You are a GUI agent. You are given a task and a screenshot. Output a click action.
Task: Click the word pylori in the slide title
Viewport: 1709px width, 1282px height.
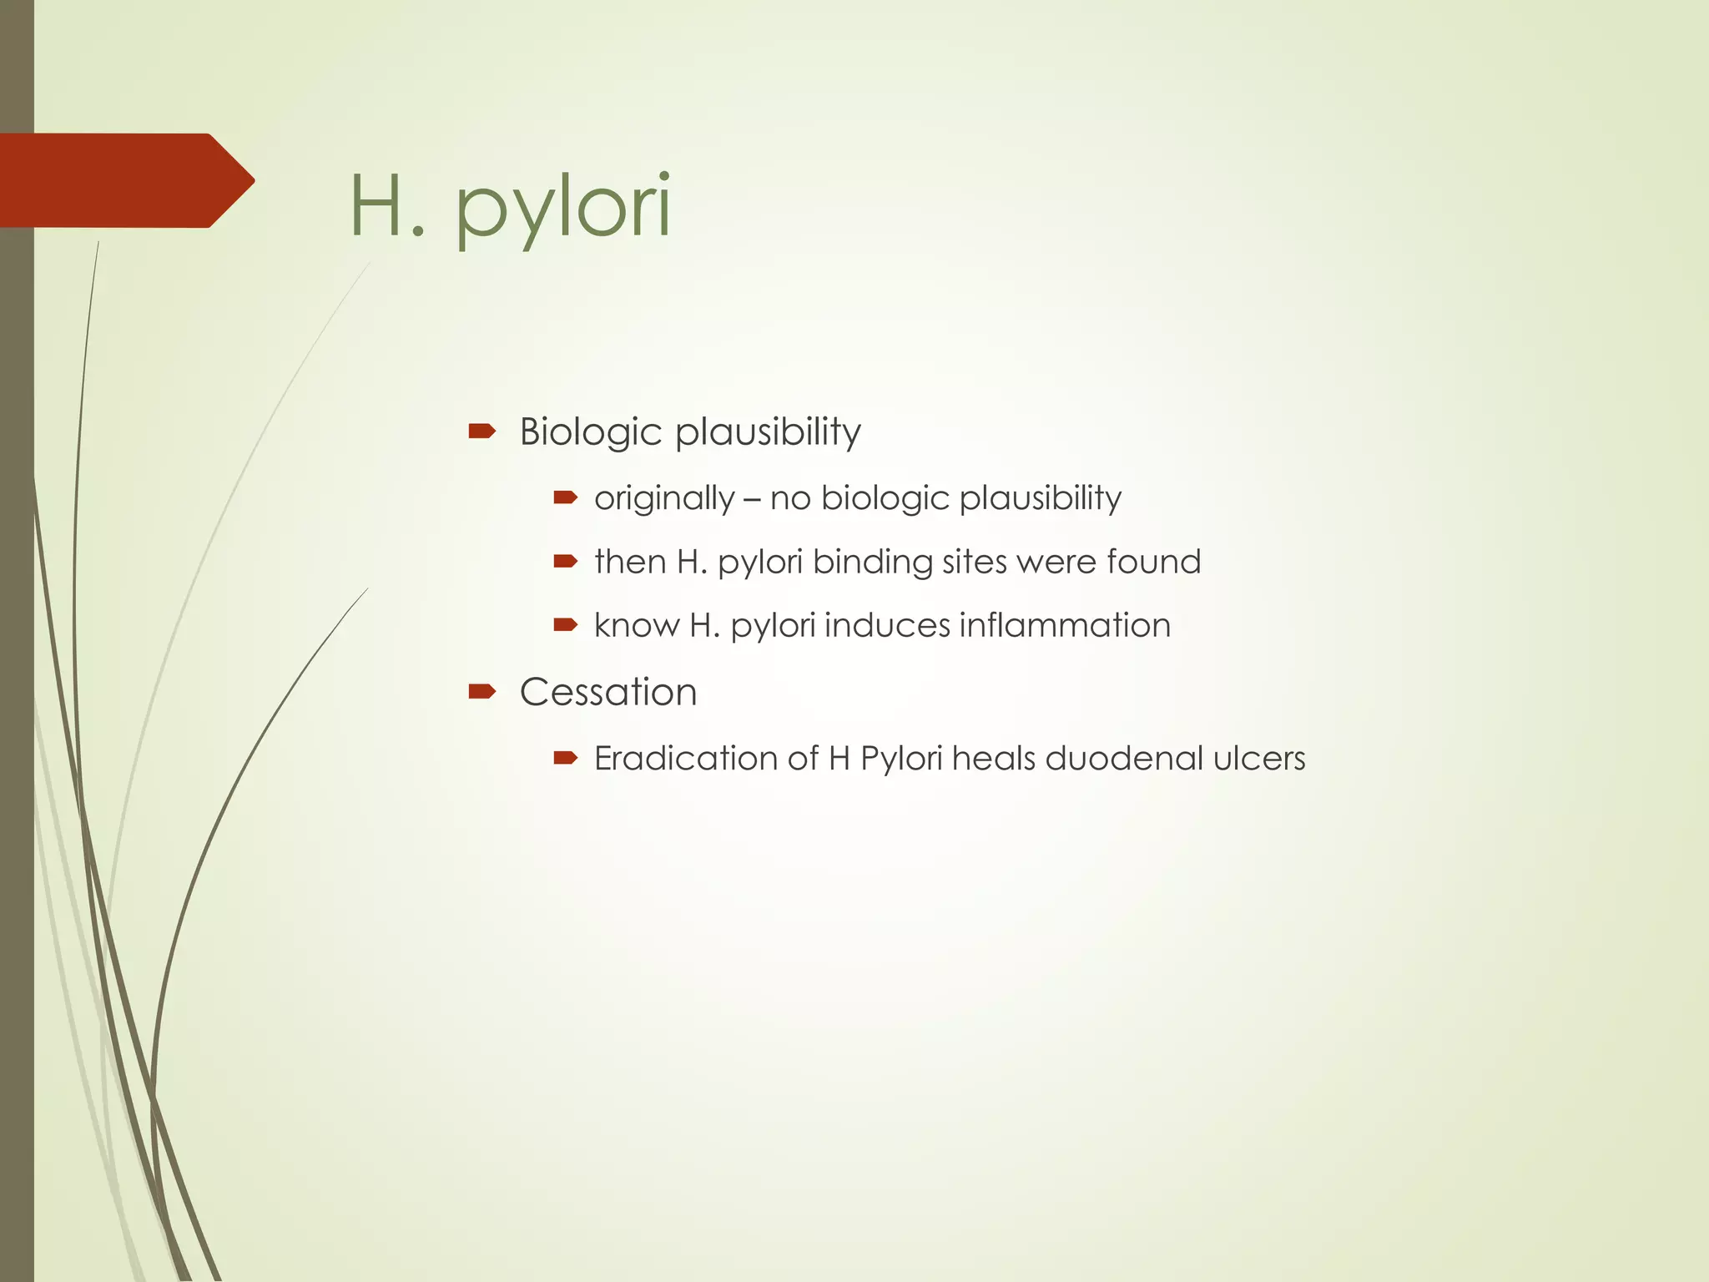pos(563,209)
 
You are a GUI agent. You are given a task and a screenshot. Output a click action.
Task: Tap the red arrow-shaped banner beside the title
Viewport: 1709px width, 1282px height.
pos(125,180)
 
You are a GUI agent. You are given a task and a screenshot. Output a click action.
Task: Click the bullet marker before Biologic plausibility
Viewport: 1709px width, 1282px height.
pos(482,432)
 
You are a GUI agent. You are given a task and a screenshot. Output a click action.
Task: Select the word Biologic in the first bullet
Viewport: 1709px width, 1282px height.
pos(590,432)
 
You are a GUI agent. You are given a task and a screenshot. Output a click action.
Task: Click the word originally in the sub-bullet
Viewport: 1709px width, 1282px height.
pos(664,498)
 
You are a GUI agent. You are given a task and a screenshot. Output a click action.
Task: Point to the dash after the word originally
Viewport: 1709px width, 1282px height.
pos(752,499)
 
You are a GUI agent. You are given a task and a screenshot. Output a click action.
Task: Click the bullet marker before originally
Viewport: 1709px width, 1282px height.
pos(565,498)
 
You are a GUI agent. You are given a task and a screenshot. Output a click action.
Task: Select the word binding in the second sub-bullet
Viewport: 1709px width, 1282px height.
pos(872,562)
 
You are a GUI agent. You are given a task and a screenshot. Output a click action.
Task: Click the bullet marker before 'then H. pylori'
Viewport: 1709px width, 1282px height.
pos(565,561)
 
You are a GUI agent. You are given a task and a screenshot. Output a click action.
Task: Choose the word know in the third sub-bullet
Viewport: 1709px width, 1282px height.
pos(637,625)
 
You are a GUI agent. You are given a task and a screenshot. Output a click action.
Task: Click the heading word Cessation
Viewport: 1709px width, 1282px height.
pos(608,692)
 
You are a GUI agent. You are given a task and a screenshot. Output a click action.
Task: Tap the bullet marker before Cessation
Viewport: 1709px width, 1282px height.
pos(482,691)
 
